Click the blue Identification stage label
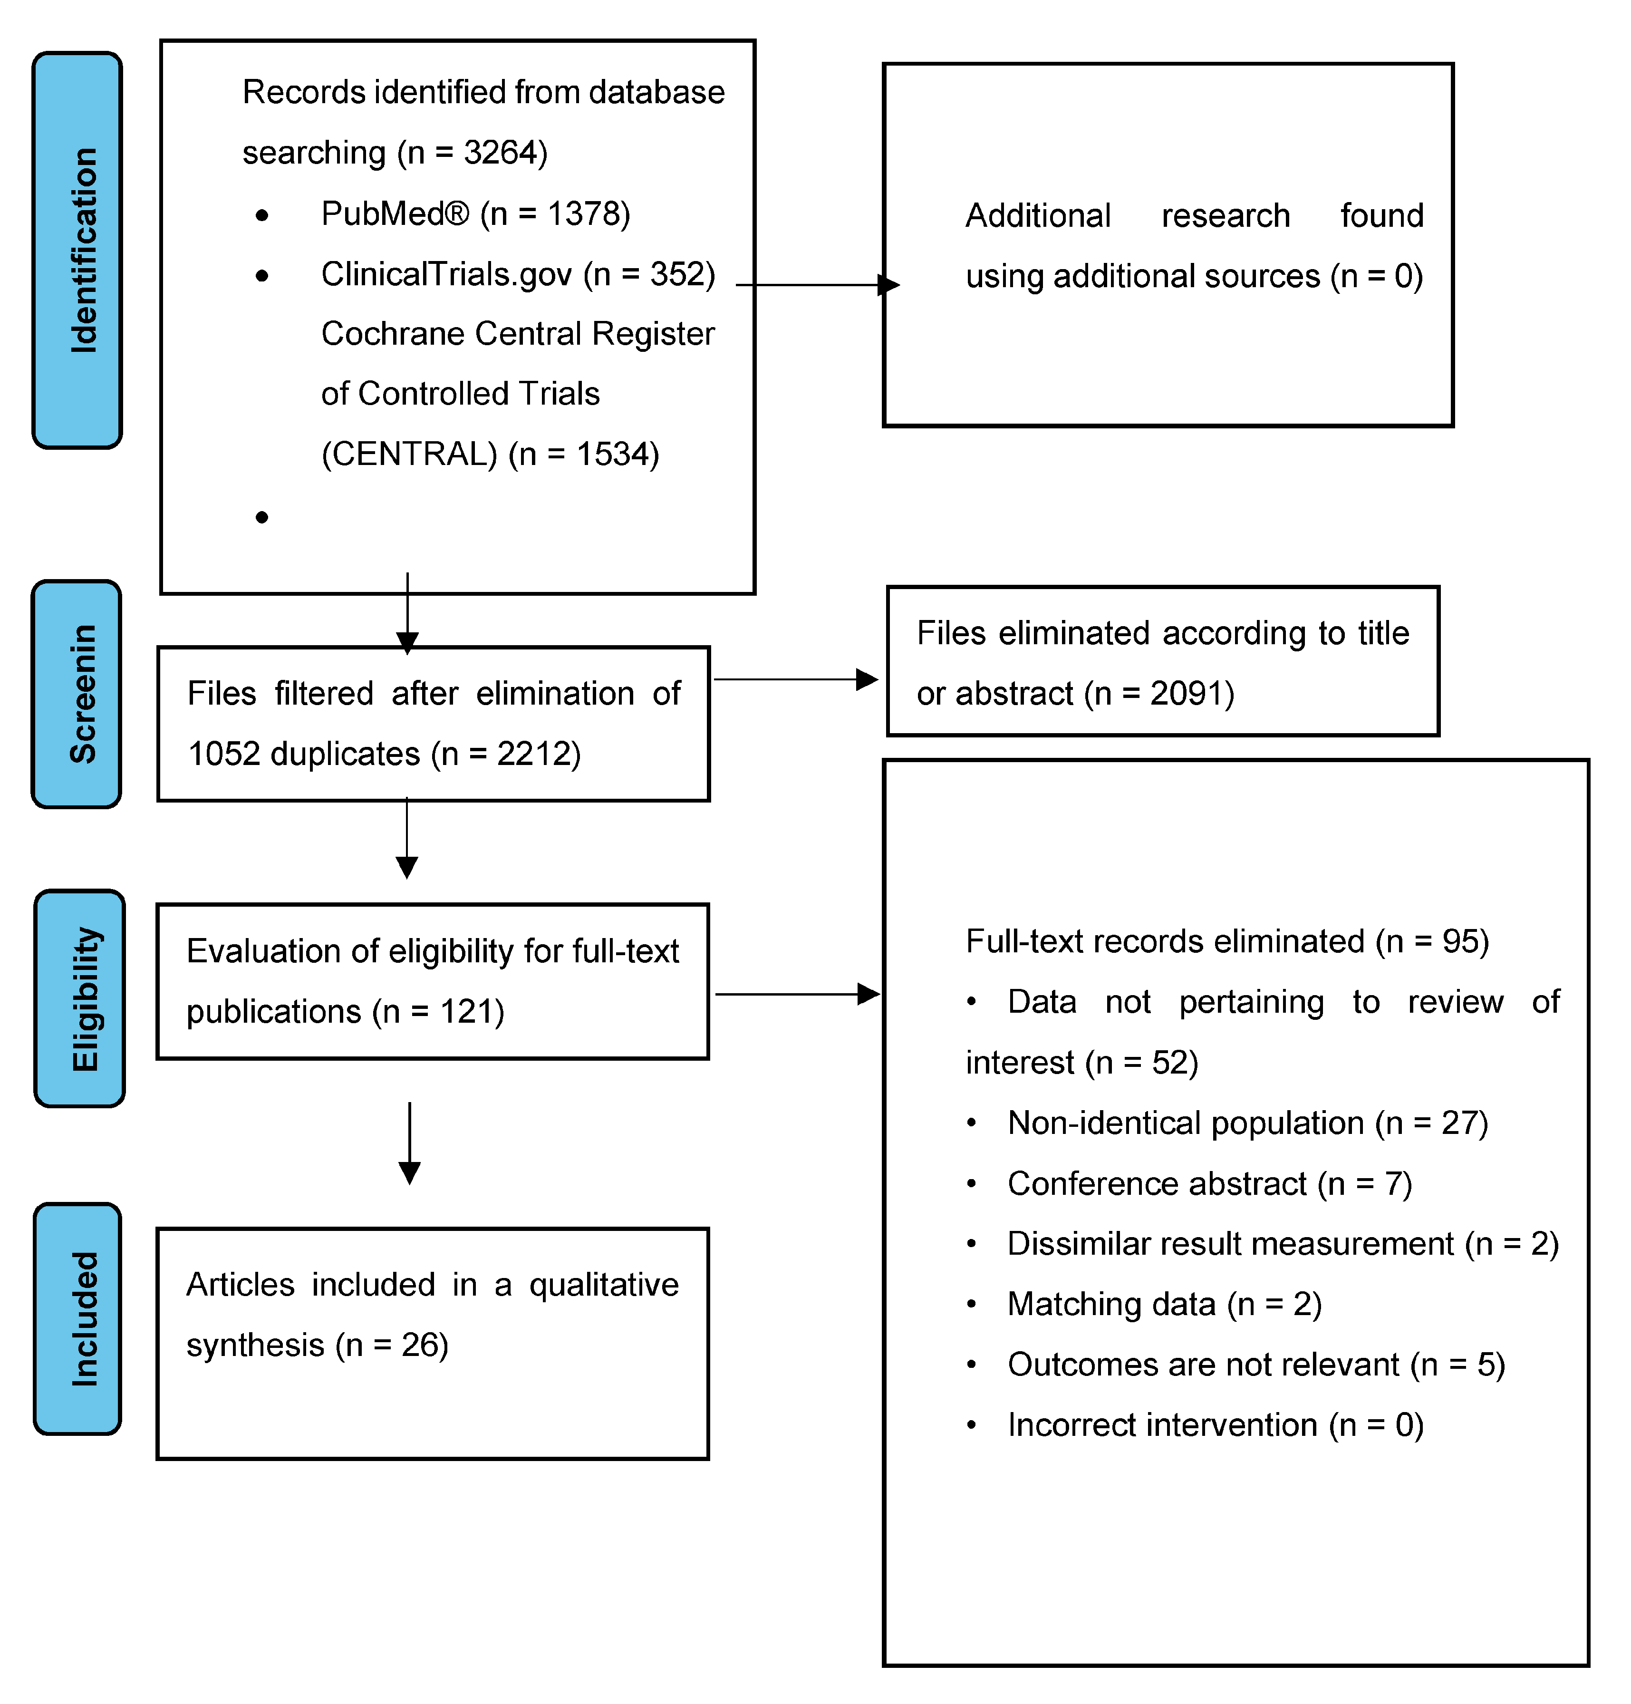[x=77, y=251]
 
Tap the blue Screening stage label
[x=77, y=694]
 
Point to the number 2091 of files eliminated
[x=1186, y=694]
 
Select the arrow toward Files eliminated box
[x=795, y=679]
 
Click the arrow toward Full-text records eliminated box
[x=797, y=994]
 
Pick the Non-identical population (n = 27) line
[x=1247, y=1123]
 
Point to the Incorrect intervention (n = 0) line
[x=1215, y=1426]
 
